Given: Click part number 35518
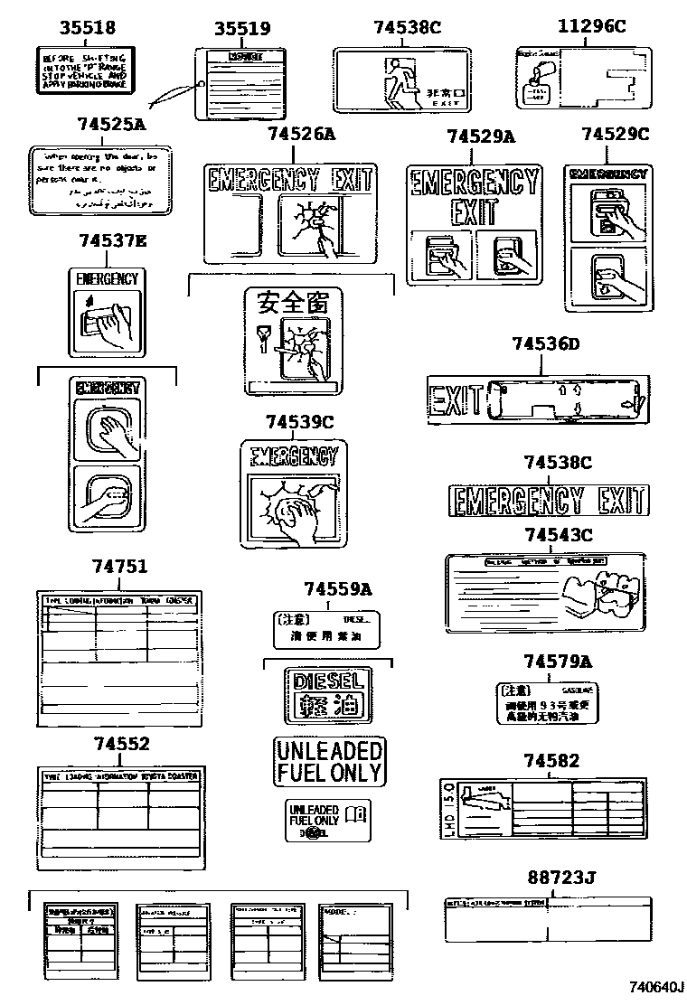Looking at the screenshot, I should [x=88, y=28].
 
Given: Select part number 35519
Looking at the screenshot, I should [x=241, y=29].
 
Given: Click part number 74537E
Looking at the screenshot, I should [x=112, y=241].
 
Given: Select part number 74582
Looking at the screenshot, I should [x=551, y=762].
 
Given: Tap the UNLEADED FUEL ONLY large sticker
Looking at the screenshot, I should [x=329, y=761].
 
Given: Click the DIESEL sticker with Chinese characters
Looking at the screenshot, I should [x=327, y=695].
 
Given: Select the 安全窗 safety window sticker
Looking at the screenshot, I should [x=292, y=340].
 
